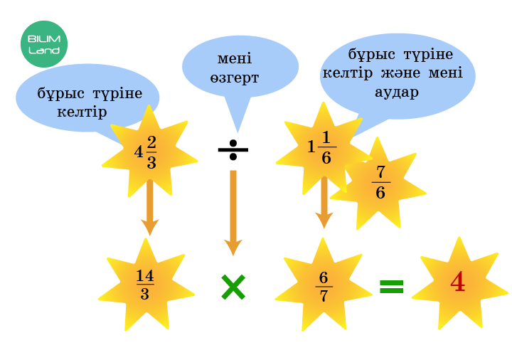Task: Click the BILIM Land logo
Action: tap(44, 43)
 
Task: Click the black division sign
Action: tap(233, 150)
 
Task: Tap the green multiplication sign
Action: tap(233, 287)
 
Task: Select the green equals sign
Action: tap(391, 286)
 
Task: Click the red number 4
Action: tap(458, 283)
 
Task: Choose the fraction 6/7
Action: tap(324, 287)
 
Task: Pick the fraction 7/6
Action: tap(380, 183)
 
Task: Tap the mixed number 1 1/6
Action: tap(319, 148)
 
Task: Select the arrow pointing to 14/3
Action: tap(149, 206)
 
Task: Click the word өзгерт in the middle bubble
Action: tap(235, 77)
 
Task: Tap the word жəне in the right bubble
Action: tap(400, 73)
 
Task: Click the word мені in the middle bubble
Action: tap(235, 59)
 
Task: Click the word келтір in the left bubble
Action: tap(82, 112)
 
